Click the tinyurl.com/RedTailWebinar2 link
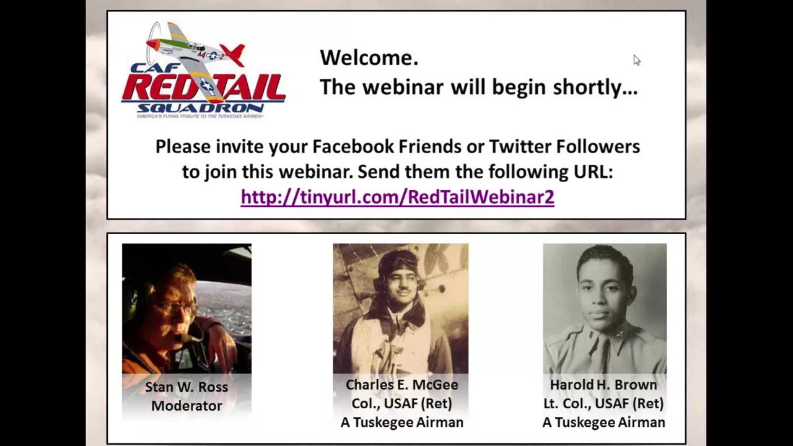pos(397,197)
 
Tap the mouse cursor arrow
pos(637,60)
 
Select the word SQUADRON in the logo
pos(200,108)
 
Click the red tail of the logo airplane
pos(234,54)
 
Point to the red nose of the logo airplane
pos(152,44)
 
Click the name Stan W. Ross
pos(186,387)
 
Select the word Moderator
pos(186,406)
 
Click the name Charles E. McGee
pos(402,385)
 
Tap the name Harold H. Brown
pos(603,385)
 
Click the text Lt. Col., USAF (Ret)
pos(603,403)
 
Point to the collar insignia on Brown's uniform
pos(620,334)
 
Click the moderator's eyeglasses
pos(173,306)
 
